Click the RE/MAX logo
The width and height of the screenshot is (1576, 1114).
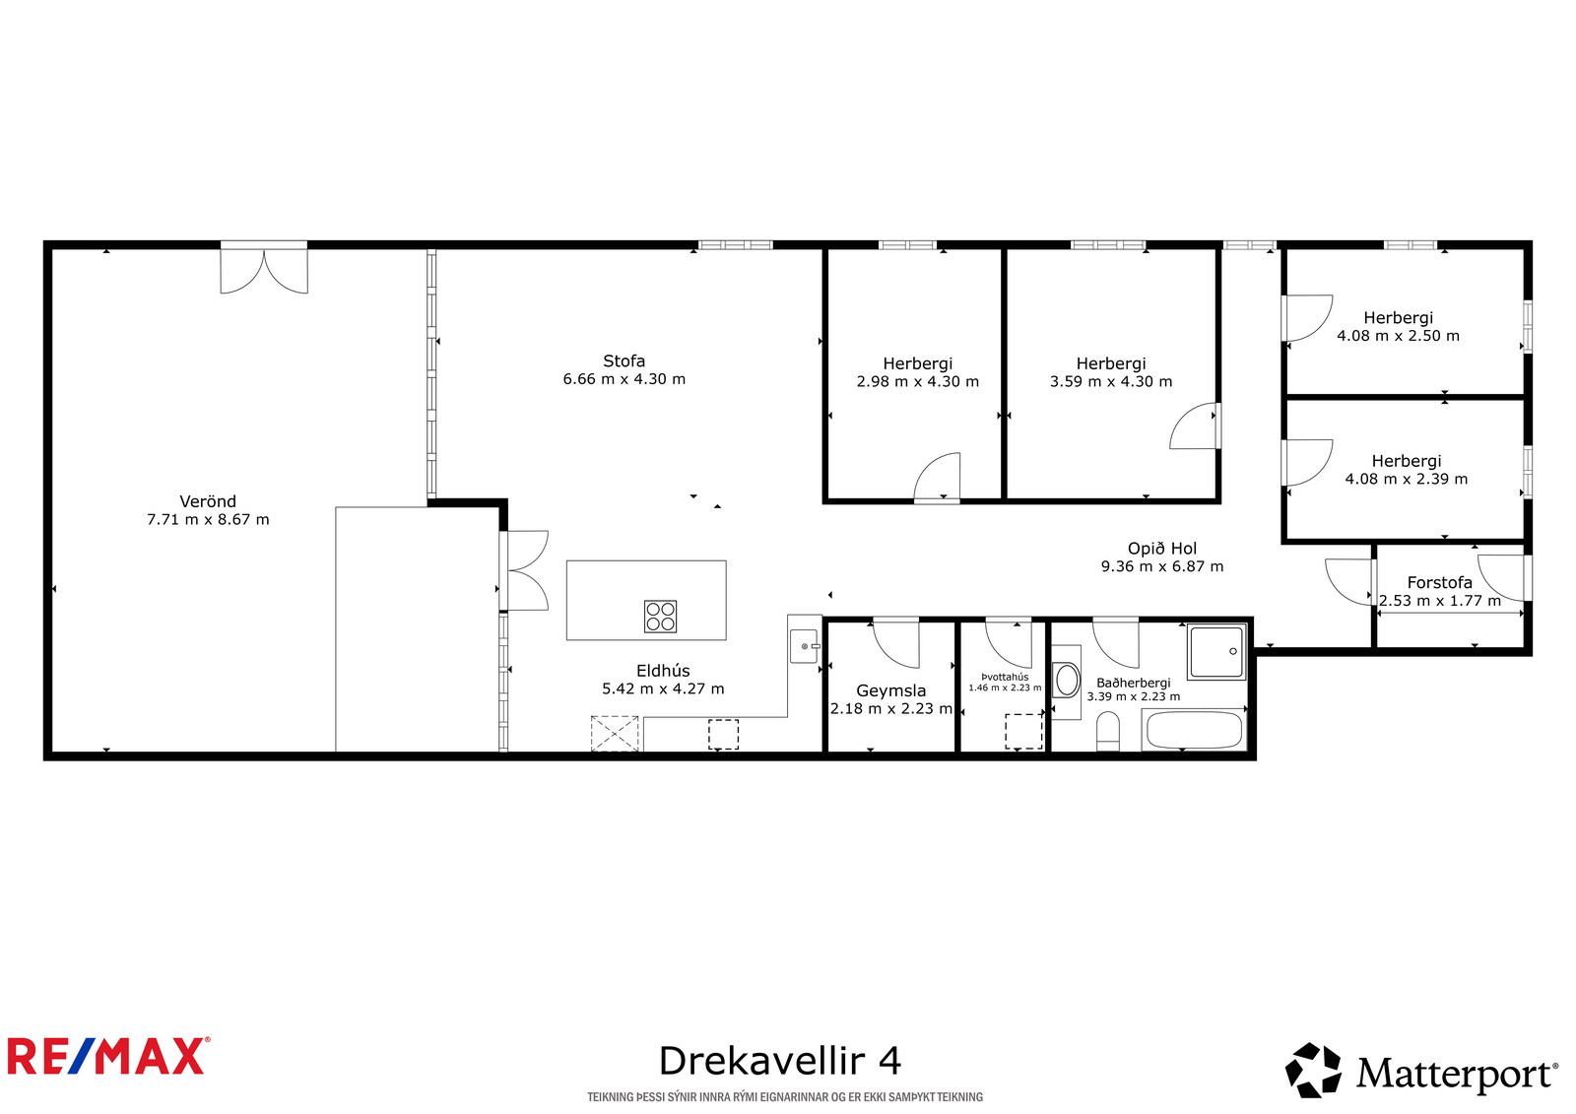pyautogui.click(x=108, y=1056)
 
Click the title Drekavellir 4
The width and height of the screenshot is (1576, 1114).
pyautogui.click(x=779, y=1061)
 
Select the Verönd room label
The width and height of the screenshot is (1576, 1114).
pyautogui.click(x=208, y=501)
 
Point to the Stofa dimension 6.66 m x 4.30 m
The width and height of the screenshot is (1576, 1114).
pyautogui.click(x=624, y=378)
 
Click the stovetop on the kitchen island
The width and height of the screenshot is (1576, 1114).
pyautogui.click(x=661, y=617)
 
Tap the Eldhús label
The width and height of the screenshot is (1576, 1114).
pyautogui.click(x=663, y=671)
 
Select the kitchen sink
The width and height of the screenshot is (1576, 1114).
pyautogui.click(x=804, y=646)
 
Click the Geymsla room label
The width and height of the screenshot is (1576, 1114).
pyautogui.click(x=890, y=690)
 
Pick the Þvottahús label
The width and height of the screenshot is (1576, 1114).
pyautogui.click(x=1005, y=677)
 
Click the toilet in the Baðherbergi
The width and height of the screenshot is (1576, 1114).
pyautogui.click(x=1108, y=731)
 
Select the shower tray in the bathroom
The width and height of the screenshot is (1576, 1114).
pyautogui.click(x=1216, y=652)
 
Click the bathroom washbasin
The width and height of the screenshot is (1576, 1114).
pyautogui.click(x=1068, y=681)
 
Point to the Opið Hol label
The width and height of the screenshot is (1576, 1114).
pyautogui.click(x=1162, y=549)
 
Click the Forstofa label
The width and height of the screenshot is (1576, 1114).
pyautogui.click(x=1439, y=583)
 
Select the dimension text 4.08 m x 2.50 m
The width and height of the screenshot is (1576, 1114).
pyautogui.click(x=1398, y=336)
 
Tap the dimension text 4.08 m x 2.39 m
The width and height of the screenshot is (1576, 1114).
pyautogui.click(x=1407, y=480)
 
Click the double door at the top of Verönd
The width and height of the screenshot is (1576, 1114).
pyautogui.click(x=264, y=268)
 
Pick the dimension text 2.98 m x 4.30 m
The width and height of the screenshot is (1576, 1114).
pyautogui.click(x=917, y=381)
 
